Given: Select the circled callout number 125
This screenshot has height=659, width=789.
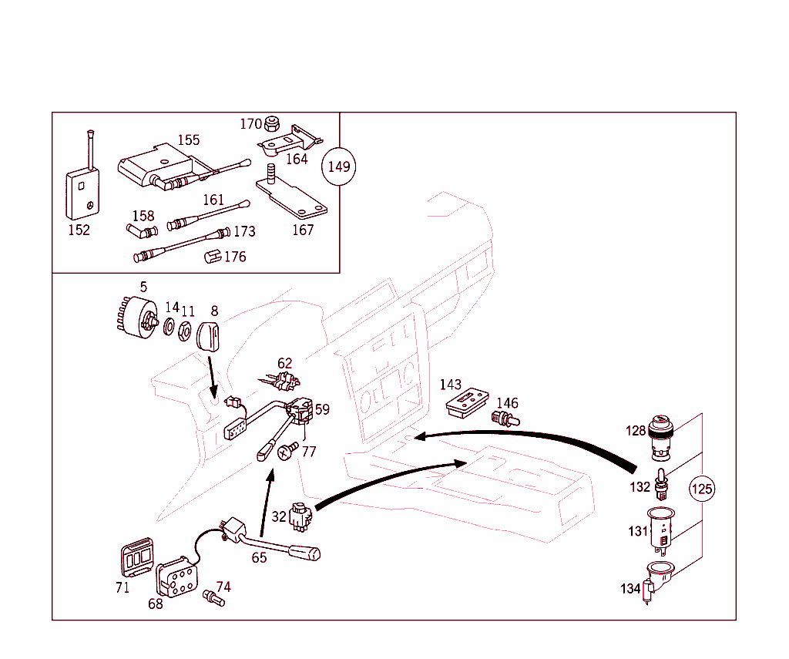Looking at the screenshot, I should tap(701, 489).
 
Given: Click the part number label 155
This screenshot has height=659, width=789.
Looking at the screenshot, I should tap(189, 140).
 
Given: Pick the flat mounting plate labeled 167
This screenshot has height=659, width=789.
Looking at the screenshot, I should tap(293, 196).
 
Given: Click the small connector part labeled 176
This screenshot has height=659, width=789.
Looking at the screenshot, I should tap(212, 257).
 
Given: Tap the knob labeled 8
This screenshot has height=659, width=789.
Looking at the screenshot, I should tap(209, 336).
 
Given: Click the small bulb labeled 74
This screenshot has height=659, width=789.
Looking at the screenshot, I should tap(212, 597).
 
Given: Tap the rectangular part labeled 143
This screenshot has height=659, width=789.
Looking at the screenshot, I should tap(466, 402).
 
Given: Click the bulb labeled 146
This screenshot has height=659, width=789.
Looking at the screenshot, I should tap(505, 419).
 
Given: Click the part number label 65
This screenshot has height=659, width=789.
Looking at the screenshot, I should tap(259, 557).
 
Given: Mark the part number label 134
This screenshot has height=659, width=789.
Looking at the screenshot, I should tap(630, 589).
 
